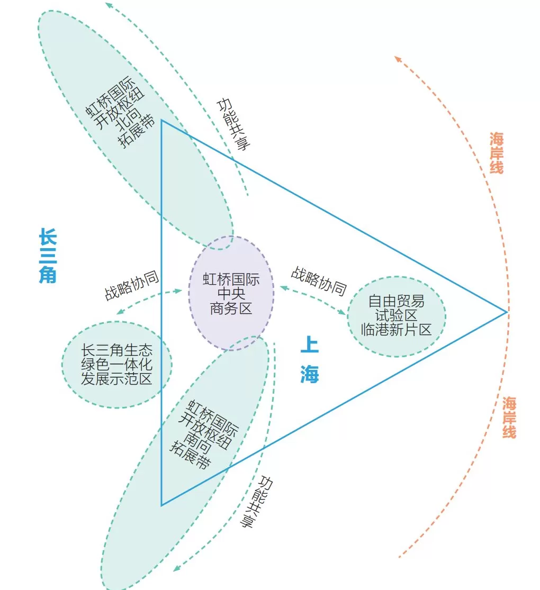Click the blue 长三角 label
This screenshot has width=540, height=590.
(x=48, y=256)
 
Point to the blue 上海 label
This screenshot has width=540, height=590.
(x=310, y=360)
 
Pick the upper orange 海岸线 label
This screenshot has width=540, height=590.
(x=496, y=153)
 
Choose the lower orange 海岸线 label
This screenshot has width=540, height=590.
(x=509, y=417)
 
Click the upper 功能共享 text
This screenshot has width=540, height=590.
(x=233, y=124)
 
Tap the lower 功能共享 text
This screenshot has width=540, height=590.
(x=256, y=502)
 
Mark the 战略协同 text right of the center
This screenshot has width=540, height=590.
(x=319, y=281)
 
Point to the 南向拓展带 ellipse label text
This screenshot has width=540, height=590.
(x=204, y=434)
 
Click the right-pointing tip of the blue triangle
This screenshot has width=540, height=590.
(x=507, y=312)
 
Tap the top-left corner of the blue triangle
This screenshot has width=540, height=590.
(x=161, y=120)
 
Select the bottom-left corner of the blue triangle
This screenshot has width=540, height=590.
(x=161, y=505)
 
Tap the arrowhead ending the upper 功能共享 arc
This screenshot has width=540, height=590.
(x=109, y=5)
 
